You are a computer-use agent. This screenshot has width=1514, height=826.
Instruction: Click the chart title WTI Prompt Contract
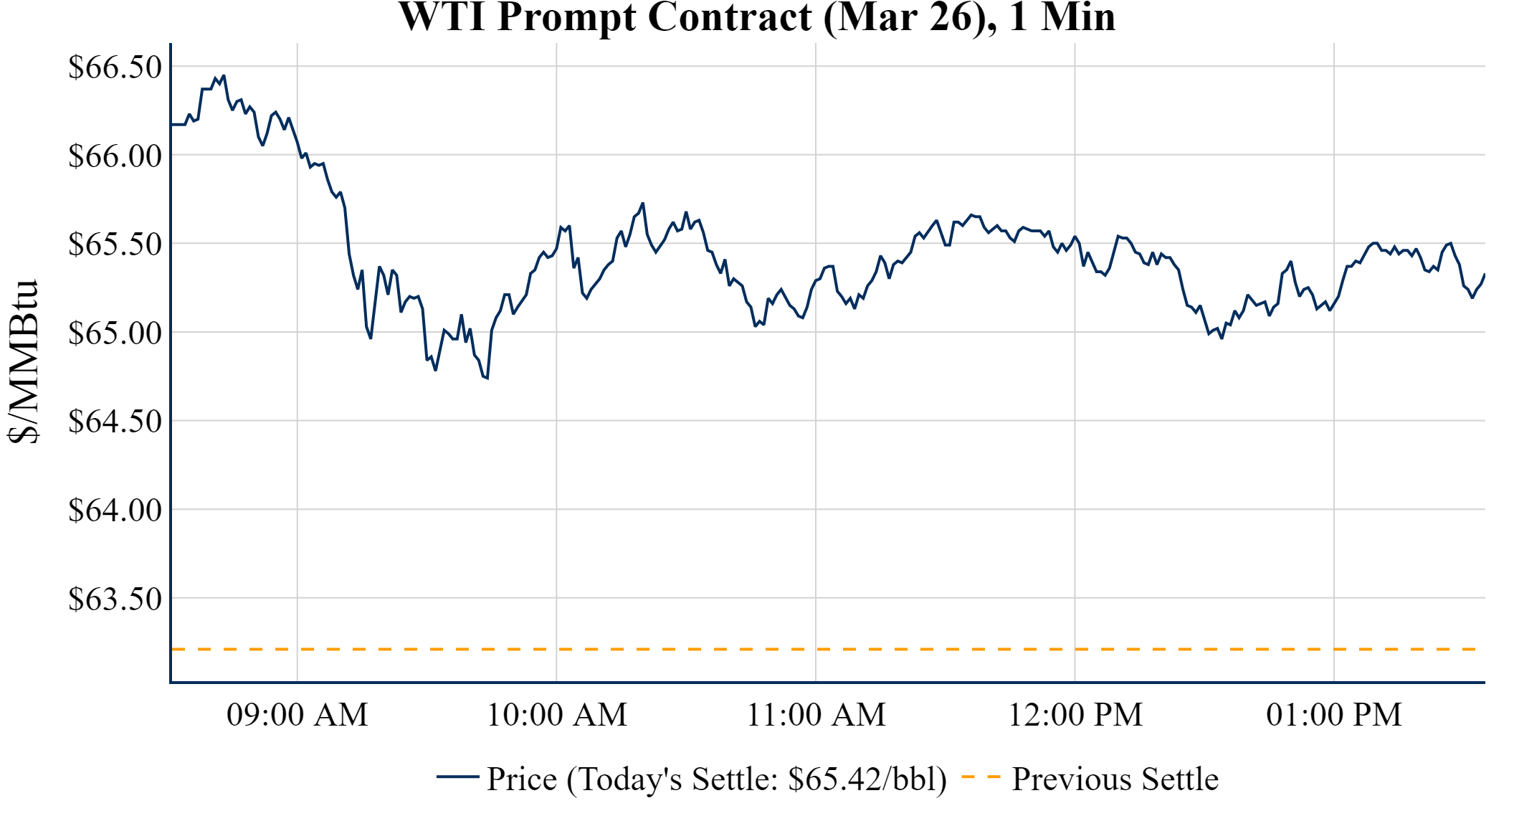(x=756, y=17)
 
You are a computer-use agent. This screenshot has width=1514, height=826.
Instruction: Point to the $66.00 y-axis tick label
(x=115, y=156)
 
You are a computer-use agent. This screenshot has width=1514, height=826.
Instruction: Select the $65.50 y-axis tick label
(x=115, y=244)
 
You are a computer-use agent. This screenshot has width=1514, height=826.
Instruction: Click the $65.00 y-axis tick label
(x=115, y=333)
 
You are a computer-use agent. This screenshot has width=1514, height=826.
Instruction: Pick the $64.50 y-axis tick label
(x=115, y=421)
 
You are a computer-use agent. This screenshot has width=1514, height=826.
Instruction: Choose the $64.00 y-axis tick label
(x=115, y=510)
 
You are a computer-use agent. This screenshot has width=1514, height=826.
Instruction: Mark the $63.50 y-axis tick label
(x=115, y=598)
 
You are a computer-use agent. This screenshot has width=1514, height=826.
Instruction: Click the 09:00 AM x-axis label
(x=297, y=715)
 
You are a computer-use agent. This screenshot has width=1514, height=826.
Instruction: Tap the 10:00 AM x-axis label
(x=557, y=715)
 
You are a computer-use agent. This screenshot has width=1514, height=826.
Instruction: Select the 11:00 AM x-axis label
(x=816, y=715)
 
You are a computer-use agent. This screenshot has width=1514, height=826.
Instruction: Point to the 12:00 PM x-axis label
(x=1075, y=715)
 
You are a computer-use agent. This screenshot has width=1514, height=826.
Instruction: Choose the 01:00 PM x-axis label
(x=1334, y=715)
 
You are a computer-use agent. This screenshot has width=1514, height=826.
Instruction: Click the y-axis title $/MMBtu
(x=23, y=362)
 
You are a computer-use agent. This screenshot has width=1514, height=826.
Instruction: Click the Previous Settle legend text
(x=1115, y=779)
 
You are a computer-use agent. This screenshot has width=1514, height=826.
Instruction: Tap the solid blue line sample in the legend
(x=457, y=777)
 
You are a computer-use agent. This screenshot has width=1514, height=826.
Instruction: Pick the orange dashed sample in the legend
(x=980, y=777)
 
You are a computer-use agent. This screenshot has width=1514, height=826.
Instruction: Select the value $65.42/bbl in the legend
(x=867, y=779)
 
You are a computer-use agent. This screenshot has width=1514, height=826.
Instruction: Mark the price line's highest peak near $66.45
(x=224, y=75)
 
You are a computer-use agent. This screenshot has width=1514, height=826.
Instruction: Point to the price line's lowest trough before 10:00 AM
(x=487, y=378)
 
